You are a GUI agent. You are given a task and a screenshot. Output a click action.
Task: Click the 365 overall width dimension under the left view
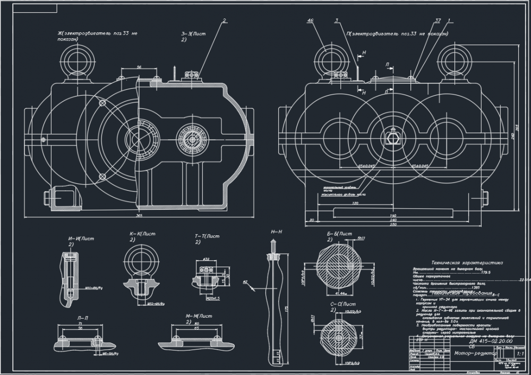139,216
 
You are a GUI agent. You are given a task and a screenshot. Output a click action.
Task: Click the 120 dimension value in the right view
355,203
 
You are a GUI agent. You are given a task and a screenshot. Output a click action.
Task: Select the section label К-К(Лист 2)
142,236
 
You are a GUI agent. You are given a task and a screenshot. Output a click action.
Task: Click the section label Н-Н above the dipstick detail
276,232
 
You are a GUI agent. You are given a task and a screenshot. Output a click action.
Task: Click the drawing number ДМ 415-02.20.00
465,342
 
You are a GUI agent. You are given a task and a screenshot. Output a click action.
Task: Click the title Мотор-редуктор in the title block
475,352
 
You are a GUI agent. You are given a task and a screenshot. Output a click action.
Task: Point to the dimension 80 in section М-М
196,323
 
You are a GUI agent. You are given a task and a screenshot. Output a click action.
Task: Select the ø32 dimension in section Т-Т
205,259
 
